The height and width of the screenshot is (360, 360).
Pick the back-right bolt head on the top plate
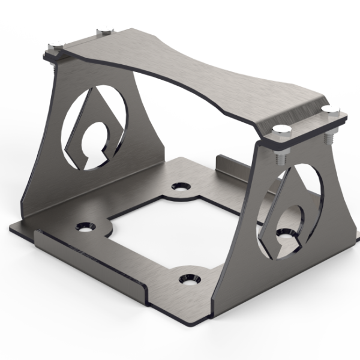point(327,109)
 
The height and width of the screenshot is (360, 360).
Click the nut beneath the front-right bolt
point(280,158)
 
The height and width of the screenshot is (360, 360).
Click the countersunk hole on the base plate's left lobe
point(86,227)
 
